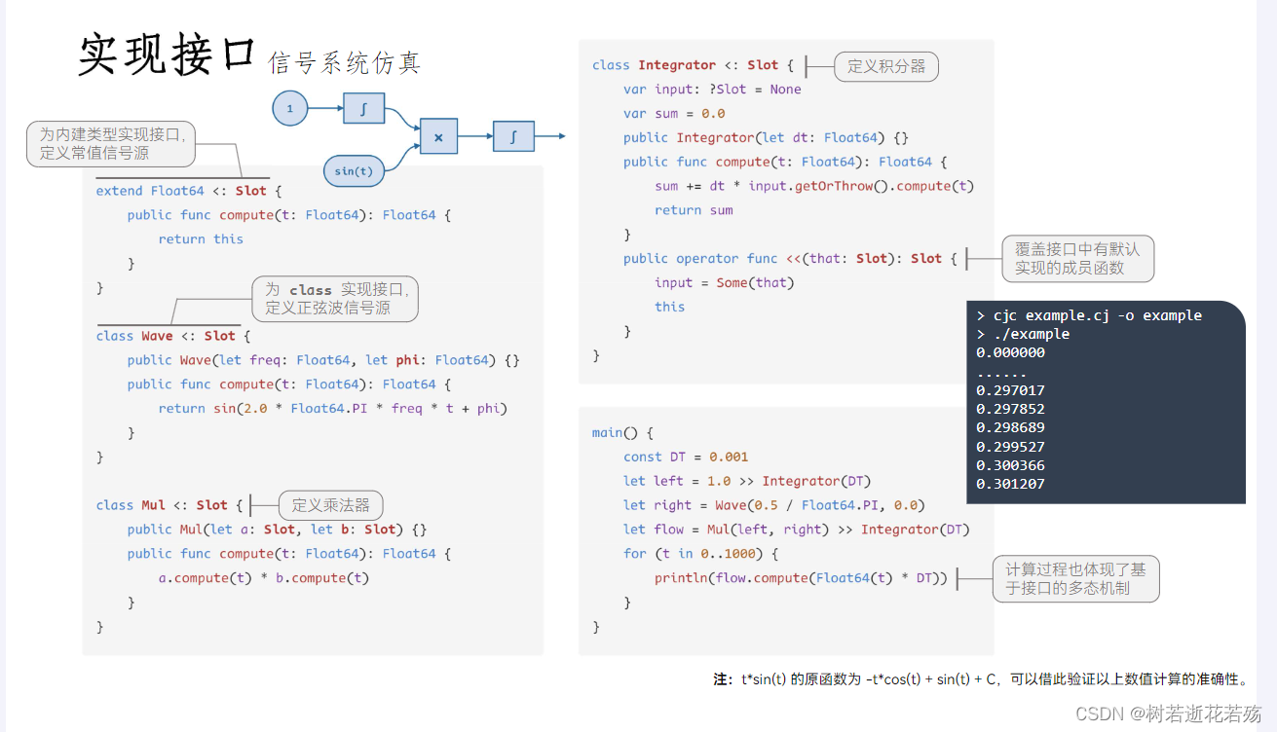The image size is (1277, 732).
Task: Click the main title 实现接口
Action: (166, 55)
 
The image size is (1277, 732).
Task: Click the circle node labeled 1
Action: (290, 108)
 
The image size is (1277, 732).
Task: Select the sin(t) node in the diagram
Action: (354, 171)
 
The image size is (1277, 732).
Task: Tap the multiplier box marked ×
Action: (438, 136)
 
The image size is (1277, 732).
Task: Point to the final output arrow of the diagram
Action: (550, 136)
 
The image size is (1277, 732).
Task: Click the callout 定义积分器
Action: (886, 66)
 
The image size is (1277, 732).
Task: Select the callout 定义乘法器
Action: (330, 504)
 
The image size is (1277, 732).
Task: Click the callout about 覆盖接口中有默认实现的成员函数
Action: (1077, 258)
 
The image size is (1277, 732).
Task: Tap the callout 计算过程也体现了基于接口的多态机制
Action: (1075, 579)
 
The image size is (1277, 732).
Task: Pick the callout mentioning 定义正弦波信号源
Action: (335, 299)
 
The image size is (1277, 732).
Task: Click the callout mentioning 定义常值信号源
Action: (111, 143)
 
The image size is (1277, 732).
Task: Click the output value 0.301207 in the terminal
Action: (1010, 484)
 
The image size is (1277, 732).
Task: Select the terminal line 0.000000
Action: (1010, 352)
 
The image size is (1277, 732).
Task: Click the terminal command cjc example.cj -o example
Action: (1098, 315)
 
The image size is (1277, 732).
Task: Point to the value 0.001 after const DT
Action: (729, 457)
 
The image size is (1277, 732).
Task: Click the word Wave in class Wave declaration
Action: (157, 336)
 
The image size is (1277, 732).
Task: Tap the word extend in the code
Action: (119, 191)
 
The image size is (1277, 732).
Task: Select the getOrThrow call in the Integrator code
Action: (834, 186)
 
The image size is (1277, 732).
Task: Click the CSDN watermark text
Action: (1168, 714)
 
